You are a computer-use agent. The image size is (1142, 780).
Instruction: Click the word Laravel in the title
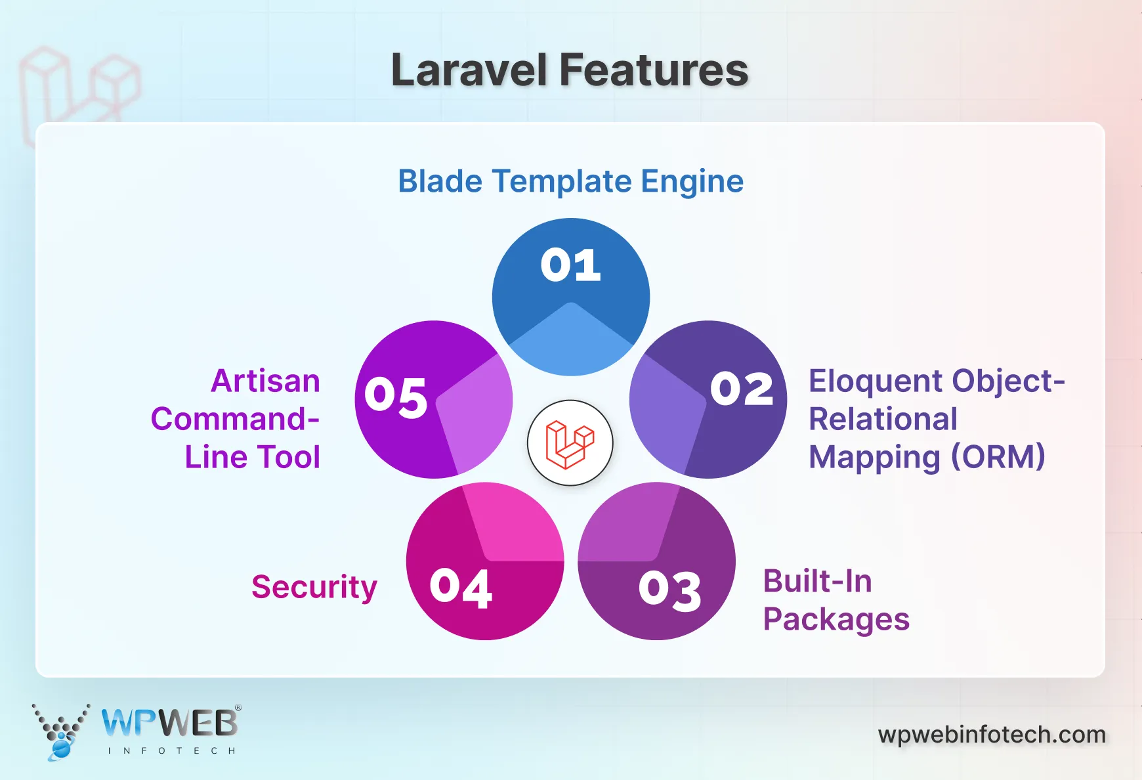pyautogui.click(x=469, y=70)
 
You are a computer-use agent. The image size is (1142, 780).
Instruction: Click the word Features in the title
pyautogui.click(x=654, y=70)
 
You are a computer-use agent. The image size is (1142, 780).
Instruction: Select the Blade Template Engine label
pyautogui.click(x=570, y=181)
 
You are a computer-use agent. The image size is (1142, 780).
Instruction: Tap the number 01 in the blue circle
pyautogui.click(x=570, y=265)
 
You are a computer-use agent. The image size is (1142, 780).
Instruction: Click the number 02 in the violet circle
pyautogui.click(x=742, y=389)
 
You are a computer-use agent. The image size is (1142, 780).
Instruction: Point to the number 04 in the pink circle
pyautogui.click(x=461, y=588)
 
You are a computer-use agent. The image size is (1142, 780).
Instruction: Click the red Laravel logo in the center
pyautogui.click(x=570, y=443)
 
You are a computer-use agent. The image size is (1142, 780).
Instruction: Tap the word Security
pyautogui.click(x=314, y=586)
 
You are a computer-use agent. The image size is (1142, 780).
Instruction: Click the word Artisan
pyautogui.click(x=265, y=381)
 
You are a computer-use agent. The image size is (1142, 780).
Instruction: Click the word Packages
pyautogui.click(x=836, y=619)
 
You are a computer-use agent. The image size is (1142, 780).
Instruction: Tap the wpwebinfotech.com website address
pyautogui.click(x=992, y=734)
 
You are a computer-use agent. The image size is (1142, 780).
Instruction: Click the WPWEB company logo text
pyautogui.click(x=170, y=723)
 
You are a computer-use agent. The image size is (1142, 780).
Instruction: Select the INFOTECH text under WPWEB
pyautogui.click(x=171, y=750)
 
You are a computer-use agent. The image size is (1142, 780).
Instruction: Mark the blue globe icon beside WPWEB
pyautogui.click(x=60, y=748)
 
